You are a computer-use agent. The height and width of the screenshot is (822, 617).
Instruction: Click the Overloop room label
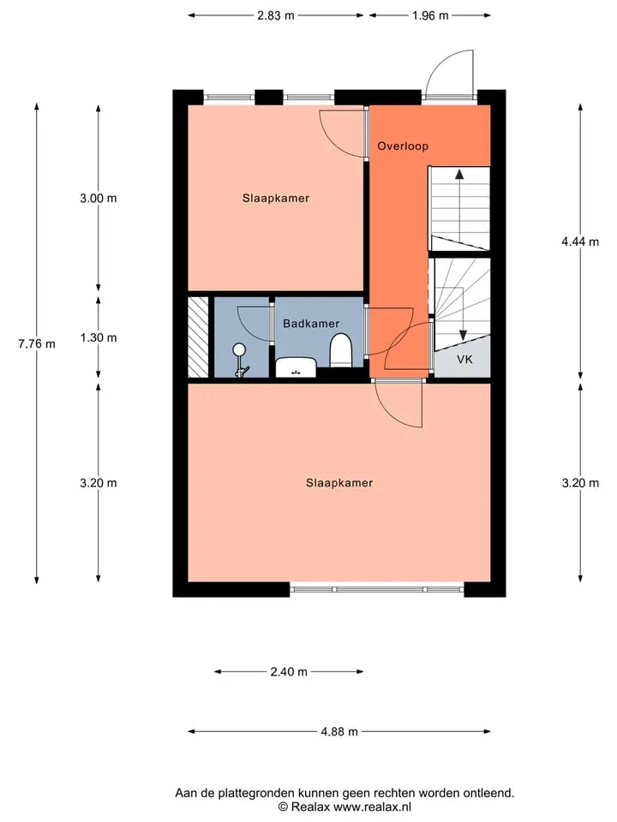403,146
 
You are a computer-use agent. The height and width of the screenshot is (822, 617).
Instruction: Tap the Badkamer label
311,324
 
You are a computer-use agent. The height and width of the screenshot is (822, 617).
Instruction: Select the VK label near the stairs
464,359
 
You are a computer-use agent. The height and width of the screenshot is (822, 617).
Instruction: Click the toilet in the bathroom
340,351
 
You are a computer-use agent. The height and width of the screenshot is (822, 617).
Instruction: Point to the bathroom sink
296,367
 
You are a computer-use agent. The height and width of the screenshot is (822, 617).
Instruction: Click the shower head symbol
240,348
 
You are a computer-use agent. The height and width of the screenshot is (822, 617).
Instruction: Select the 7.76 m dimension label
37,344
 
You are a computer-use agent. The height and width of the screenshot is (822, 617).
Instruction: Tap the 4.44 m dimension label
580,241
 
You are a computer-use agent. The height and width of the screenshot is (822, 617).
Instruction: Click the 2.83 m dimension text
275,15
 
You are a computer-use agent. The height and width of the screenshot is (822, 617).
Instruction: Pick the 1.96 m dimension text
430,15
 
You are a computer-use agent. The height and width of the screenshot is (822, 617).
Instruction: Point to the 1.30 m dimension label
98,337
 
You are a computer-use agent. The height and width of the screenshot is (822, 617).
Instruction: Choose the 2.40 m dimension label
289,671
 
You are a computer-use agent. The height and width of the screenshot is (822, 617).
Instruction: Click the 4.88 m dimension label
339,731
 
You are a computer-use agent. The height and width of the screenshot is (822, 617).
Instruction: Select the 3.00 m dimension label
98,198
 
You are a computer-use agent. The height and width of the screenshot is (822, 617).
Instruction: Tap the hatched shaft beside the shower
198,337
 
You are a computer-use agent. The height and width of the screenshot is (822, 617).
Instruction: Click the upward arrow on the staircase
459,205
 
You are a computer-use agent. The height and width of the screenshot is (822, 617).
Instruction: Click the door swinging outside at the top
450,74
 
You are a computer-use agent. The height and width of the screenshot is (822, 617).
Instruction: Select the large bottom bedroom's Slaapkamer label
339,483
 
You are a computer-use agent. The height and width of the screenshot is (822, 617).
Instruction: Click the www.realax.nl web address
372,807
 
